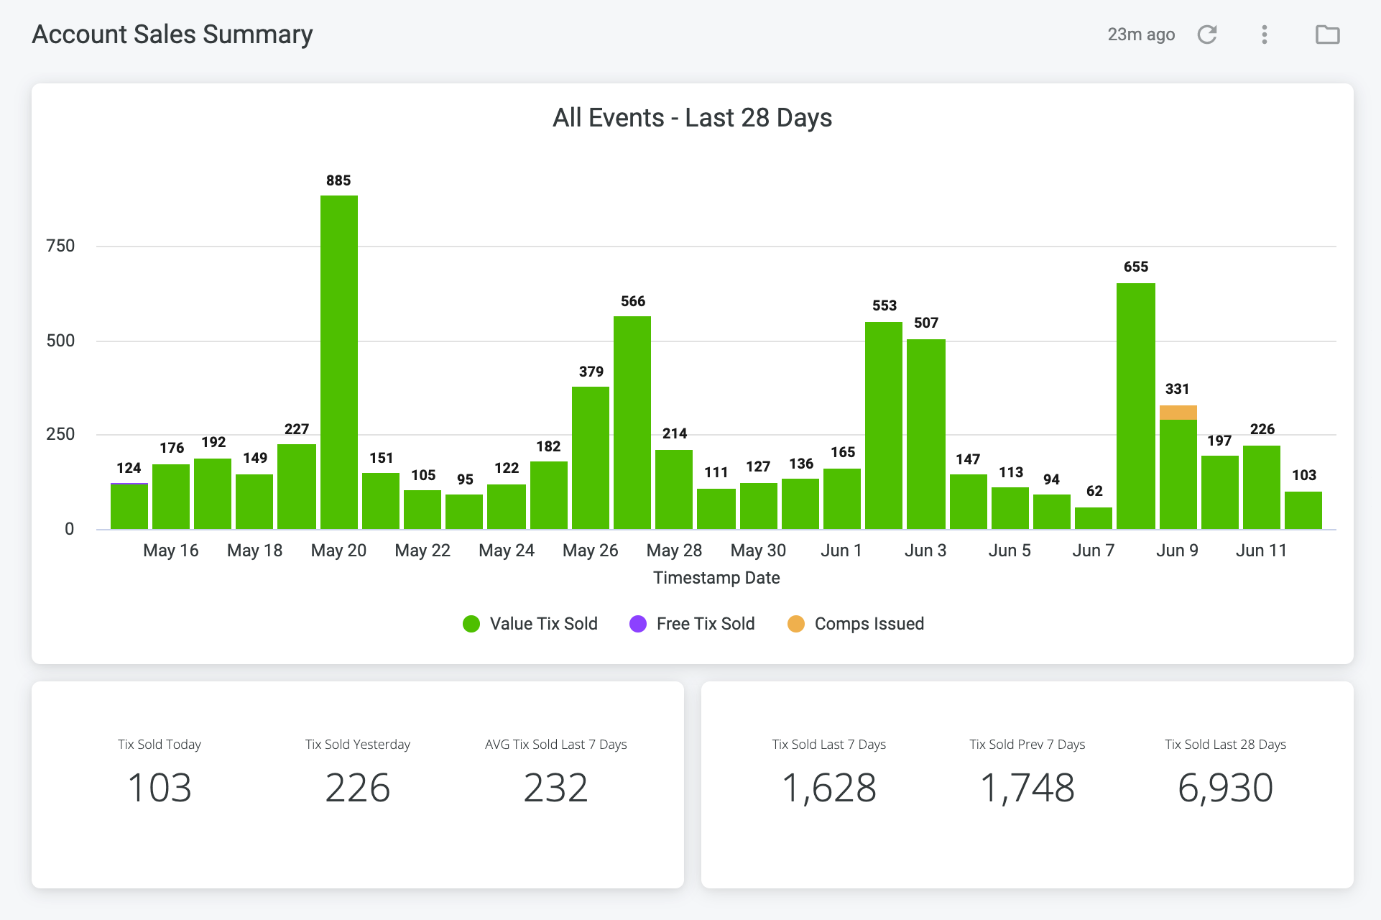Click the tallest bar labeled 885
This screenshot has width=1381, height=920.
(x=339, y=362)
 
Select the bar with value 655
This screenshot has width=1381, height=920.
(x=1136, y=406)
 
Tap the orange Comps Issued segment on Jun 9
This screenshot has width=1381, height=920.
(x=1178, y=413)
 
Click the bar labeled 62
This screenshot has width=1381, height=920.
(x=1094, y=518)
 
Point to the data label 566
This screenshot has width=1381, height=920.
(x=633, y=301)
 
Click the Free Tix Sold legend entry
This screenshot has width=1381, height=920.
(x=692, y=624)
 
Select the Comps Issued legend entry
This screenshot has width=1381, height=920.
(x=856, y=624)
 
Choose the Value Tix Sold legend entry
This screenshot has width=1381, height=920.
(x=530, y=624)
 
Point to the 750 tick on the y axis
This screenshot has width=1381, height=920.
(x=60, y=246)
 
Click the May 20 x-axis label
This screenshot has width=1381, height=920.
(x=338, y=551)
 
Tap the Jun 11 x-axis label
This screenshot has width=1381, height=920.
(x=1261, y=551)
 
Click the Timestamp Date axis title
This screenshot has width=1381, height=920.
(x=716, y=578)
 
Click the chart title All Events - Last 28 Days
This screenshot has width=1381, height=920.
(x=692, y=117)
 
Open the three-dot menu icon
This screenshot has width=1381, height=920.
(x=1265, y=34)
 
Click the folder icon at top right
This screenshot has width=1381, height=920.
(x=1328, y=34)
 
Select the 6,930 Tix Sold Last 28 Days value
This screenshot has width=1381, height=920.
(x=1225, y=788)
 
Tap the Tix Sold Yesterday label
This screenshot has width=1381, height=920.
(x=358, y=745)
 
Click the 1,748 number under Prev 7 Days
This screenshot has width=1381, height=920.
(x=1027, y=788)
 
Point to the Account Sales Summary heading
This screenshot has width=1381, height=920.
(x=172, y=34)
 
